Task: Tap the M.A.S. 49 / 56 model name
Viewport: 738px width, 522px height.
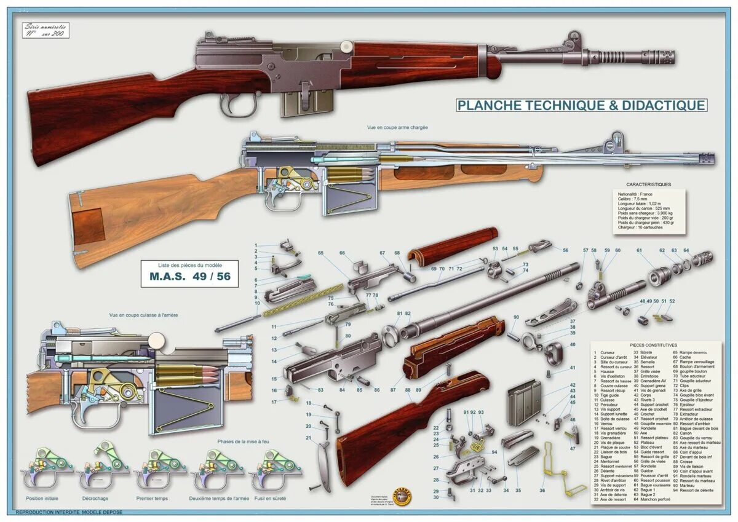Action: (x=189, y=276)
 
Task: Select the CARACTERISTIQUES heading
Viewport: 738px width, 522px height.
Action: (x=648, y=184)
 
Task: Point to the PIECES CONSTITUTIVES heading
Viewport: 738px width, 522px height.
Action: (x=653, y=345)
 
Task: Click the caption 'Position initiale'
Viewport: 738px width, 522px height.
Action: (x=43, y=498)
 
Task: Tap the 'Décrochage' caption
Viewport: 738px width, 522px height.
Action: (x=95, y=498)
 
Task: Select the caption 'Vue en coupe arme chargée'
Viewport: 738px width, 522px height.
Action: (x=397, y=127)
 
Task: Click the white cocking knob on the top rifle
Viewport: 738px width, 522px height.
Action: (x=346, y=47)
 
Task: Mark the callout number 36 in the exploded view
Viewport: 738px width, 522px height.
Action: (x=542, y=491)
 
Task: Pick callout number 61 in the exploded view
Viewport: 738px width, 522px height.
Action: (x=639, y=250)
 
